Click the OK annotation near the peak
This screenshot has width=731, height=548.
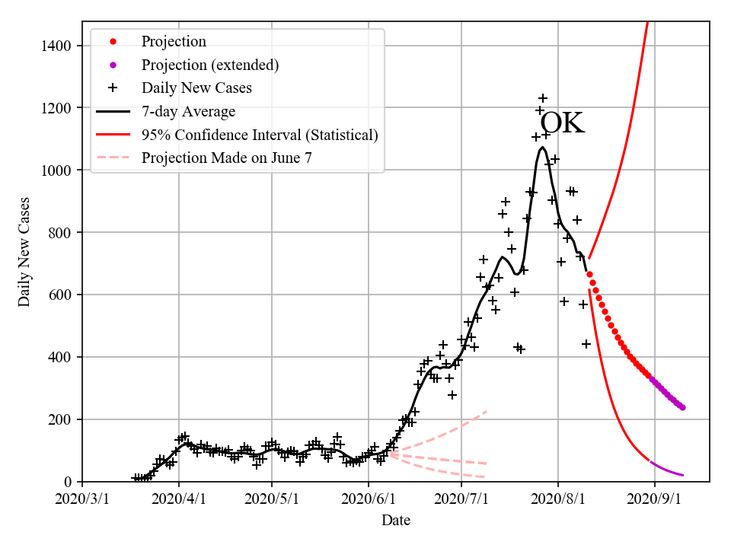point(562,123)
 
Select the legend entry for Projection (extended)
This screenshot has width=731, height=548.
point(210,65)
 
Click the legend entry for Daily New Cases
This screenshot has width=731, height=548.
point(196,88)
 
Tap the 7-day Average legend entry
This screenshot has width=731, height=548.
point(188,112)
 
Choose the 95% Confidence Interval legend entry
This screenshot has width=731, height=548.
point(260,135)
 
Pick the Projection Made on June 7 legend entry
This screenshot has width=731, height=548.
point(227,158)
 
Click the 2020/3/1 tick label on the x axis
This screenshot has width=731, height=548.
point(82,499)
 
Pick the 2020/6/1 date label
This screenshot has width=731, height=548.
point(369,499)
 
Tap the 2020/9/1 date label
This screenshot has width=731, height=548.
point(655,499)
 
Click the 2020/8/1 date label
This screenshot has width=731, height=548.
point(558,499)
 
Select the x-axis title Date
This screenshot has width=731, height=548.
point(396,521)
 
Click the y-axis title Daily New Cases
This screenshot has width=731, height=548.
point(24,253)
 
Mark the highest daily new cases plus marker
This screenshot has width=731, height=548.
point(543,98)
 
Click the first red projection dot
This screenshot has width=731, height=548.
point(589,274)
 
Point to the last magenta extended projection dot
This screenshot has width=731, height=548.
point(682,407)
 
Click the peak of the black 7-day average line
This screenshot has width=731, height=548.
point(542,147)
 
